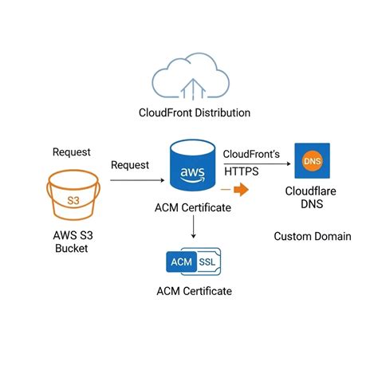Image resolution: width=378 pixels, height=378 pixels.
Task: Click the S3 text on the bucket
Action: (x=73, y=200)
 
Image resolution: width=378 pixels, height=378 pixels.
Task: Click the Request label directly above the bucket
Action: (x=72, y=152)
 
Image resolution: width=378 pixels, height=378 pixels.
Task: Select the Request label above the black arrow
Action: (x=131, y=165)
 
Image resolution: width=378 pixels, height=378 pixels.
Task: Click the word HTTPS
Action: (x=242, y=171)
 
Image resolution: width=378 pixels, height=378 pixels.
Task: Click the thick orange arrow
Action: (x=236, y=191)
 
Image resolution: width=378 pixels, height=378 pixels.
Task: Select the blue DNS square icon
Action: (x=312, y=161)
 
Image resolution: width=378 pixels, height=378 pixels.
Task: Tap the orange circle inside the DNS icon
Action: (x=312, y=162)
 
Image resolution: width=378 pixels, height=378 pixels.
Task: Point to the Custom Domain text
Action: (x=312, y=236)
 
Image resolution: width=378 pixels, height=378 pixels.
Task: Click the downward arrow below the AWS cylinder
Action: (x=192, y=228)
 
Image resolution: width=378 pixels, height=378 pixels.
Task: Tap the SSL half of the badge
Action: (x=207, y=261)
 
